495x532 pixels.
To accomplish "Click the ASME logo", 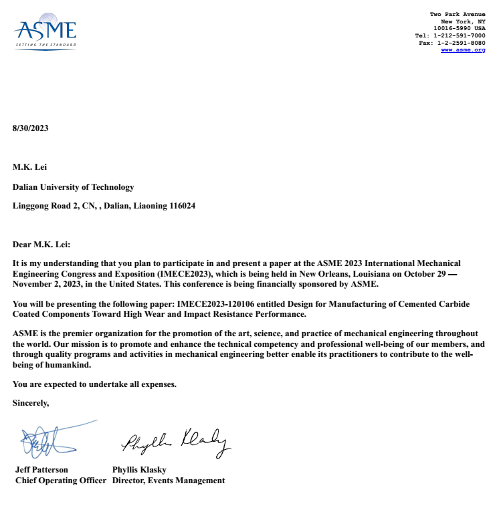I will [45, 33].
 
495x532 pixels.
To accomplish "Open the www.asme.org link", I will [463, 50].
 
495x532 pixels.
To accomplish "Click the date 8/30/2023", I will [31, 128].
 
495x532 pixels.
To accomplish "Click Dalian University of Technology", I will [73, 187].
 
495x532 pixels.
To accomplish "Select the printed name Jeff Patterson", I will [41, 470].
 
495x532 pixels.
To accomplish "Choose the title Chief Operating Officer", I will [61, 481].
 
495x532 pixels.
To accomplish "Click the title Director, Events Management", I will [169, 481].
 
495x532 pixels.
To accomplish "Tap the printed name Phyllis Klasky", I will [138, 470].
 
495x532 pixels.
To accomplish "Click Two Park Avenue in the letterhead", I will [458, 14].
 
